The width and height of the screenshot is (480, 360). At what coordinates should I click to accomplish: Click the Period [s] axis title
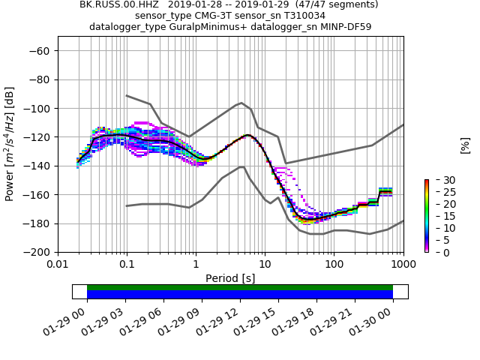230,278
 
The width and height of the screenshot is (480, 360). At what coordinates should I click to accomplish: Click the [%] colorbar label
465,145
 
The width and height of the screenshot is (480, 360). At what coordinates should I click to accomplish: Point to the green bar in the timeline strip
240,287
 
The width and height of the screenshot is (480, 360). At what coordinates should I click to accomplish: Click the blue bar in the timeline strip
240,295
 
